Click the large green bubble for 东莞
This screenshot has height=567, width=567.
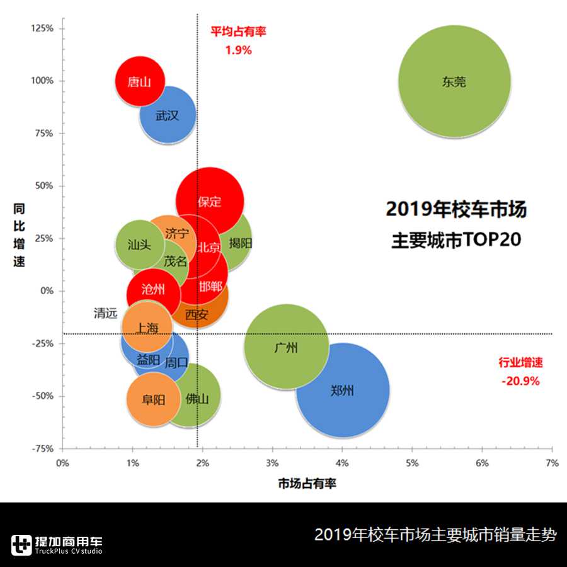click(454, 82)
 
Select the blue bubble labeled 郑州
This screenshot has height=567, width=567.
click(342, 391)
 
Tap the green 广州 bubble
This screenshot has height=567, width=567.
click(287, 347)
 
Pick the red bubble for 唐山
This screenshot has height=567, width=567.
click(139, 81)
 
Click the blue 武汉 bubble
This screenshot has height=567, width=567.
click(167, 116)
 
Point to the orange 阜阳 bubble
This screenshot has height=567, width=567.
click(153, 399)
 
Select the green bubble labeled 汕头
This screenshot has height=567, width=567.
click(139, 244)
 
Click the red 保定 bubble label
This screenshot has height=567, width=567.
click(210, 202)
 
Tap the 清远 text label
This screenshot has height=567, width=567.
click(105, 313)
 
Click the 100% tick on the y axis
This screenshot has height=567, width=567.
click(43, 81)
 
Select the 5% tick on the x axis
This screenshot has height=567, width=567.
click(412, 463)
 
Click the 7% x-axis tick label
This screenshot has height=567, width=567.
click(552, 463)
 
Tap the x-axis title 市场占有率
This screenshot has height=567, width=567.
click(307, 484)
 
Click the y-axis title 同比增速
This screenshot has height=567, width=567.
click(20, 234)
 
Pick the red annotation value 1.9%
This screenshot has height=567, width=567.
click(238, 50)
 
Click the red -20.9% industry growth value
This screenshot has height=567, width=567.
click(520, 381)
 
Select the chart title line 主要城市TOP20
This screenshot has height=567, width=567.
click(456, 240)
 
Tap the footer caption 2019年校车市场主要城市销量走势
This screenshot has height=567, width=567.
click(435, 535)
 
